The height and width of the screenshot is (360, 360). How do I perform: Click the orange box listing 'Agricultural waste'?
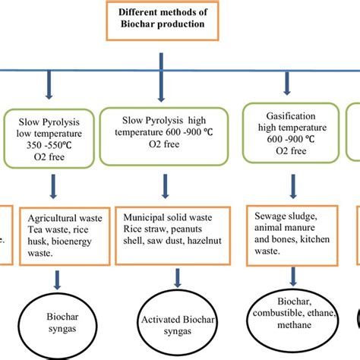pos(65,234)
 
